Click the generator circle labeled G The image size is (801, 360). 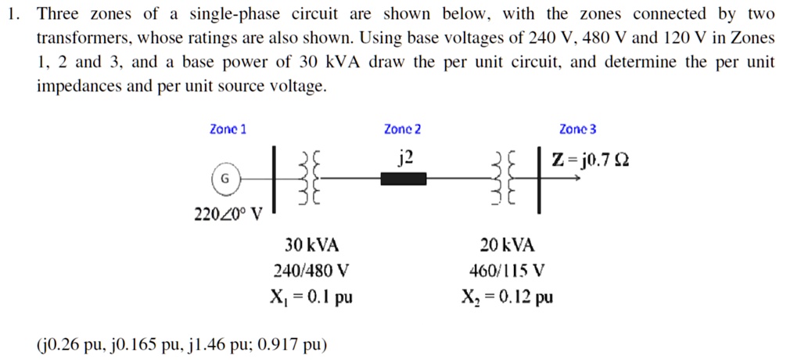click(224, 179)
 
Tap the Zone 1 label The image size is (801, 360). click(228, 130)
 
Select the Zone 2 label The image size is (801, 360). click(403, 130)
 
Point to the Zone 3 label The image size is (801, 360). click(577, 130)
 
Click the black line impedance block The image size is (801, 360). click(403, 179)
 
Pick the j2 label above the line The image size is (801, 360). click(404, 160)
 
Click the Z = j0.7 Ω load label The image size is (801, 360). click(590, 160)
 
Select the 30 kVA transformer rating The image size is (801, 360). click(311, 245)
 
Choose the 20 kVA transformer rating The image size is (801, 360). click(508, 245)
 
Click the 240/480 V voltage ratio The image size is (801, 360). click(311, 271)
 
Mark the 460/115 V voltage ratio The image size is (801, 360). click(508, 271)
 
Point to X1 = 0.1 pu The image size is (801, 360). click(311, 297)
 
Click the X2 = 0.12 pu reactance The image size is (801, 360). click(508, 297)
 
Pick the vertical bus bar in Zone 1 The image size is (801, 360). click(274, 179)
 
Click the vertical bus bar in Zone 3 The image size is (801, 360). click(538, 179)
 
